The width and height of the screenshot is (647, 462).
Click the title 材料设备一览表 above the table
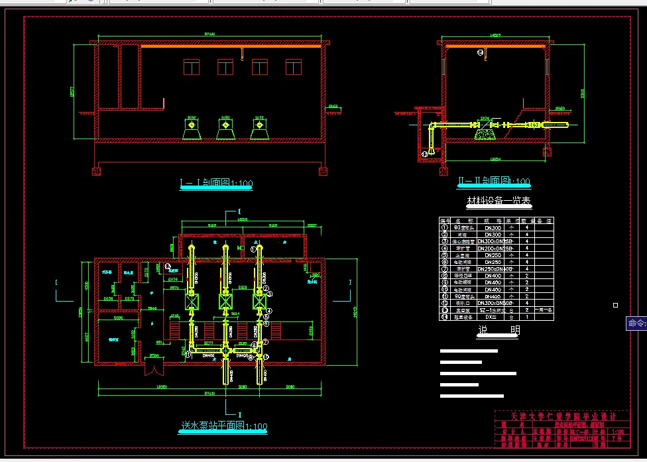click(499, 201)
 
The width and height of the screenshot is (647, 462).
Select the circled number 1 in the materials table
click(445, 227)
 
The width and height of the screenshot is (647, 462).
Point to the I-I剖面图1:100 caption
click(216, 183)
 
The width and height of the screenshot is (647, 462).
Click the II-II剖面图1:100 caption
click(494, 181)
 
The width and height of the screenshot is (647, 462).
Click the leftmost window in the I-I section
click(192, 67)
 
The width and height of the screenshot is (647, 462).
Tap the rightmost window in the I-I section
click(294, 67)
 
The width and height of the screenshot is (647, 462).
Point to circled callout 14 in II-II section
click(481, 52)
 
